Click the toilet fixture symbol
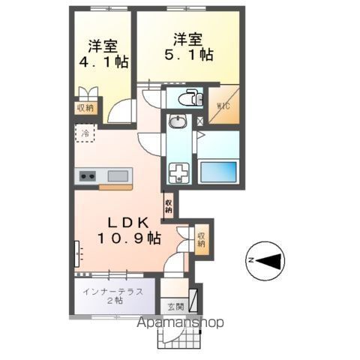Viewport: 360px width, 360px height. point(190,97)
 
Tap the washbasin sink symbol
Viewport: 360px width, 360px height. point(178,121)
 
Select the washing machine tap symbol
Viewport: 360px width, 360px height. point(178,172)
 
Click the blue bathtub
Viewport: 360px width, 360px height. point(218,172)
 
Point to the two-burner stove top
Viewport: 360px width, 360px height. point(88,176)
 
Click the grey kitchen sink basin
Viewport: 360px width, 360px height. point(118,176)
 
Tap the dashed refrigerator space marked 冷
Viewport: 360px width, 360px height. point(85,133)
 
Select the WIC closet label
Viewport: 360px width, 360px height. point(223,106)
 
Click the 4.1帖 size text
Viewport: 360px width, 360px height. point(103,62)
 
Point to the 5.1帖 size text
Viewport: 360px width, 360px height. point(189,54)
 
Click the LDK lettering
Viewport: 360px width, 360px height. point(128,223)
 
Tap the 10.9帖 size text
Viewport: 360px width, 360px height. point(128,238)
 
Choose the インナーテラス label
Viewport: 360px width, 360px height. point(113,292)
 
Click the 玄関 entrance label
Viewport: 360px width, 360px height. point(176,306)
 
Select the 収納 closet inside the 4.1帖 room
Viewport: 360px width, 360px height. point(85,108)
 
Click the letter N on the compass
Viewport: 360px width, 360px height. point(250,260)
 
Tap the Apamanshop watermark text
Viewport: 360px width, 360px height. point(180,322)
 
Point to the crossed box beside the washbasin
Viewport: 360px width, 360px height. point(200,121)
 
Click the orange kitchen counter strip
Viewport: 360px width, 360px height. point(115,187)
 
